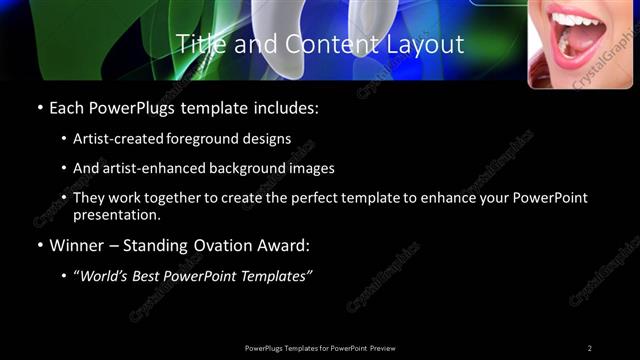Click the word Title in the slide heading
click(199, 44)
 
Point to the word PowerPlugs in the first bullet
click(132, 108)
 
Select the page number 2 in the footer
click(590, 348)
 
